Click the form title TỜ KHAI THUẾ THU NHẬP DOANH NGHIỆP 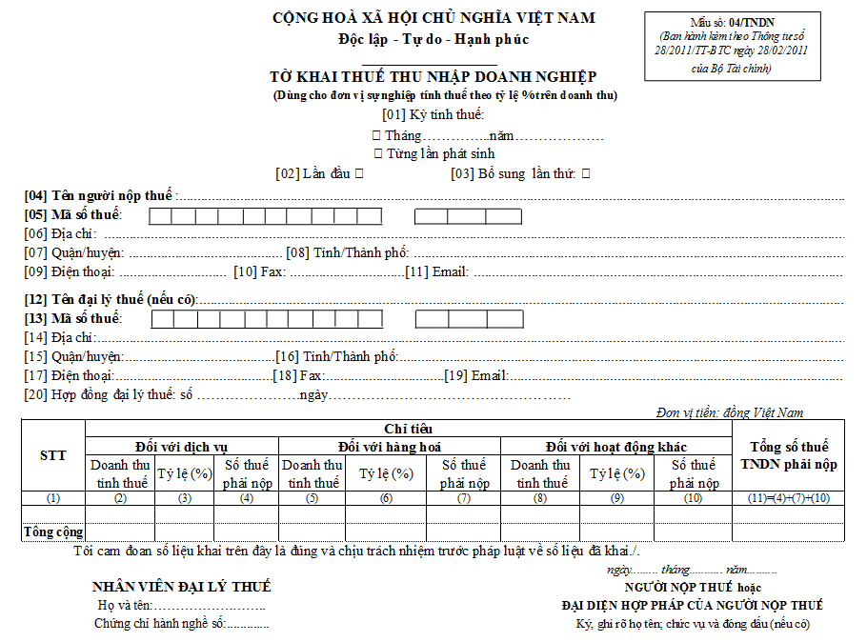point(433,77)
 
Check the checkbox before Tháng point(376,136)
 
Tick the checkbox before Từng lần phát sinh point(378,153)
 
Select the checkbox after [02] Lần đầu point(357,174)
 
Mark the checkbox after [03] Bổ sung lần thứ point(585,174)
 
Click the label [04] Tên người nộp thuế point(99,195)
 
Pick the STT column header point(53,455)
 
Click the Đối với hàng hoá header point(389,447)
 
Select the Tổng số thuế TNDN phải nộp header point(789,455)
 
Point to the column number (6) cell point(386,497)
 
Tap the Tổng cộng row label point(53,532)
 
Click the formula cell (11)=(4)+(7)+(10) point(789,497)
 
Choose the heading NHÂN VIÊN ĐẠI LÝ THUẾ point(181,587)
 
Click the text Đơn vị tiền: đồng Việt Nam point(730,412)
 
